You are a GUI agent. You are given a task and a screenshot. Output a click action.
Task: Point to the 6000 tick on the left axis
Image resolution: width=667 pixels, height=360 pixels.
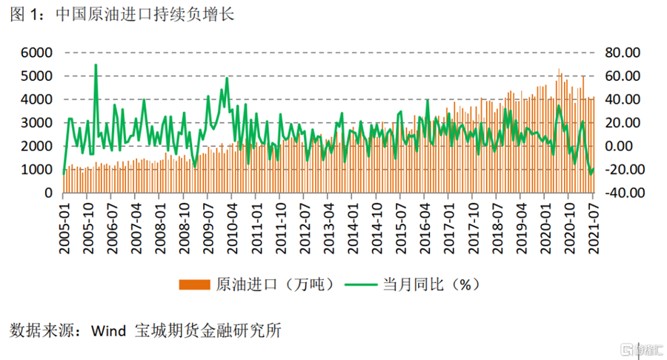pyautogui.click(x=37, y=53)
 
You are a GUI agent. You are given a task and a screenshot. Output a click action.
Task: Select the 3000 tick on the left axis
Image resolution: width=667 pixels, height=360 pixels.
pyautogui.click(x=37, y=123)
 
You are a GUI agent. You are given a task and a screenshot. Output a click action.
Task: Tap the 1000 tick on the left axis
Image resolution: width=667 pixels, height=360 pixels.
pyautogui.click(x=37, y=170)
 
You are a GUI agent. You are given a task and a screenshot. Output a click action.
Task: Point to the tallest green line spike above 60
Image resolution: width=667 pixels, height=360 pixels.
pyautogui.click(x=96, y=65)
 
